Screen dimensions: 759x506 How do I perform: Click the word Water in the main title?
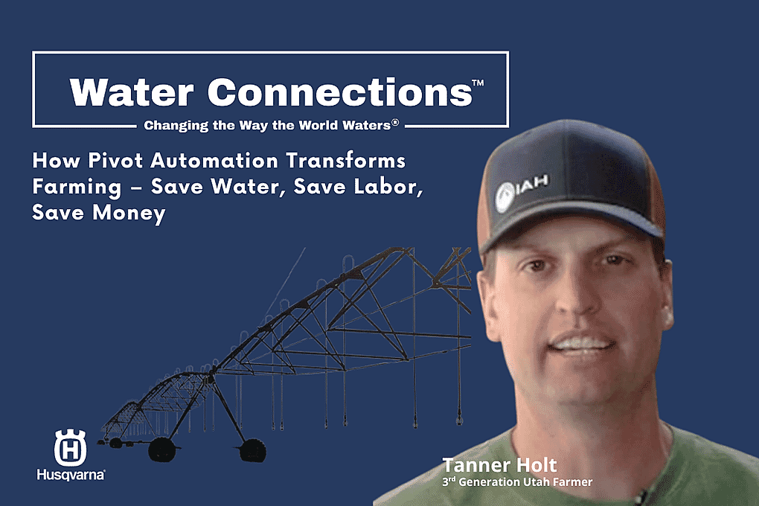(132, 92)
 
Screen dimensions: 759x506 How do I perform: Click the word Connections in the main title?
(340, 92)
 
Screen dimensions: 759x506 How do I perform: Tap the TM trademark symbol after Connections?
(478, 83)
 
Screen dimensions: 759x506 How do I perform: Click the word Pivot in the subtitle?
(115, 160)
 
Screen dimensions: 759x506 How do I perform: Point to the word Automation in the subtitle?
(214, 160)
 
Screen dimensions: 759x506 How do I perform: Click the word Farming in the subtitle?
(77, 188)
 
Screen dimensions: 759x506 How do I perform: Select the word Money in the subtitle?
(129, 214)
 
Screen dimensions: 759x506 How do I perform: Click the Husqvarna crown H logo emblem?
(70, 447)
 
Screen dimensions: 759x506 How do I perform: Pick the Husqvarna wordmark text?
(71, 474)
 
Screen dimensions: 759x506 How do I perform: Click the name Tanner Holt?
(499, 465)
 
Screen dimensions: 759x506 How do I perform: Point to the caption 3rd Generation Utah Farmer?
(517, 481)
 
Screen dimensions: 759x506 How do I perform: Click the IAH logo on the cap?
(522, 192)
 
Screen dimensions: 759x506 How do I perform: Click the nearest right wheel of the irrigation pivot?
(252, 450)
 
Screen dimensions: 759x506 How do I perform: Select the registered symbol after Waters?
(395, 123)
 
